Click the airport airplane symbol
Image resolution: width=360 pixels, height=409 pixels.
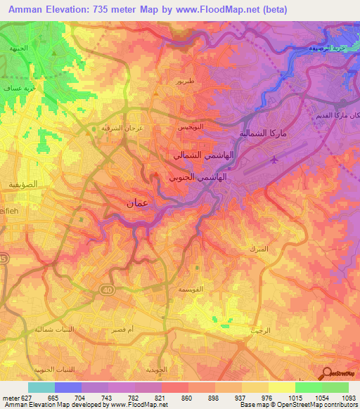274,160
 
